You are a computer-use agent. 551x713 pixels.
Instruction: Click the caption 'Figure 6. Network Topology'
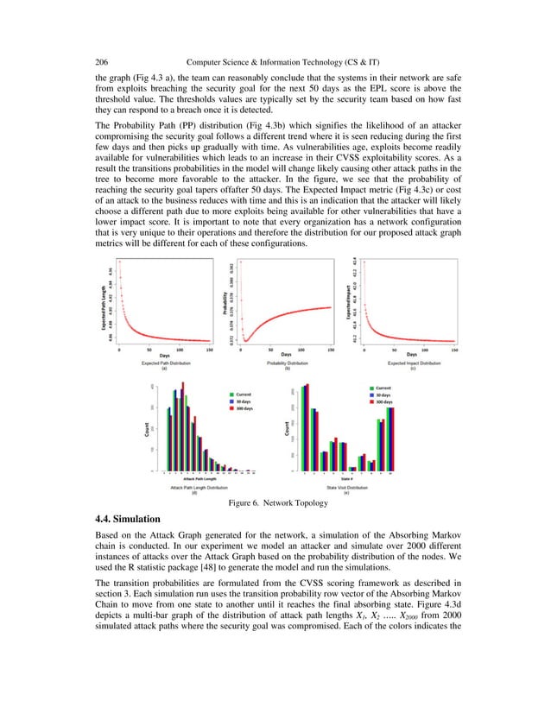275,502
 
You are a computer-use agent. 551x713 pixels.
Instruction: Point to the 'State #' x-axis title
345,477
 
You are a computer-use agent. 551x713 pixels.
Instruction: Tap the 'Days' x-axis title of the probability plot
286,354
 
